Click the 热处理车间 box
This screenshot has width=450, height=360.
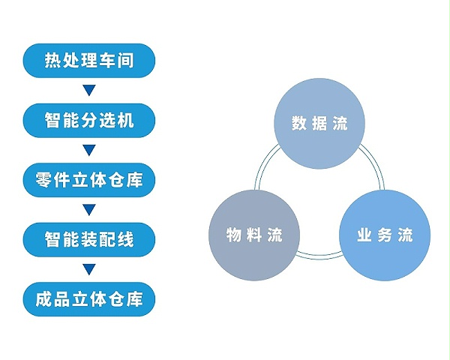tap(89, 61)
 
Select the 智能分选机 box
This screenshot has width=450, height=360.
tap(89, 120)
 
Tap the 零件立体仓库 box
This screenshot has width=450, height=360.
tap(89, 180)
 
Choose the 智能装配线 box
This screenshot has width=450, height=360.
tap(89, 240)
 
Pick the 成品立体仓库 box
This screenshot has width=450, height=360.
tap(89, 299)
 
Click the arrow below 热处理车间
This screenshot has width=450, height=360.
tap(89, 90)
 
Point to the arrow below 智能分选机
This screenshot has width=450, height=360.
tap(89, 150)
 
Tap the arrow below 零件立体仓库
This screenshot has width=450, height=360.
tap(89, 210)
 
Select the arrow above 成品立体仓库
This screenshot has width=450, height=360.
tap(89, 269)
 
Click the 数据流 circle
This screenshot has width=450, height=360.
tap(319, 124)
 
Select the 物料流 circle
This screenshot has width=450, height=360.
tap(254, 235)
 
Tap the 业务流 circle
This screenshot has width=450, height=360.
tap(385, 235)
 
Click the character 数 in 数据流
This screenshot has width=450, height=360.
tap(299, 124)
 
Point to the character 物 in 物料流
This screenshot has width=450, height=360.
tap(234, 235)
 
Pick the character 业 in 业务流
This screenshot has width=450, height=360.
tap(364, 235)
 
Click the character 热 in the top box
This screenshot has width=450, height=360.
tap(52, 61)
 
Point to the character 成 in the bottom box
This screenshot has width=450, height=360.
tap(43, 299)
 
